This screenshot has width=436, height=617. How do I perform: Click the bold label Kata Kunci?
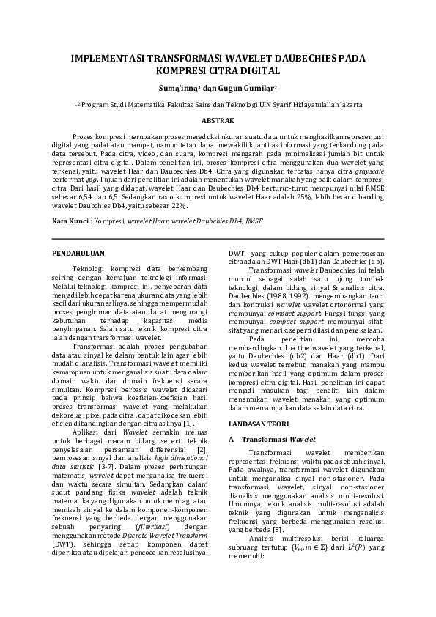click(71, 221)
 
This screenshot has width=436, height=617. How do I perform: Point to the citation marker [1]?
click(188, 424)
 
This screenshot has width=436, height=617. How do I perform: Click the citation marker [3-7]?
click(108, 465)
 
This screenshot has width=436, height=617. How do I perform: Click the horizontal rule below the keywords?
click(218, 239)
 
